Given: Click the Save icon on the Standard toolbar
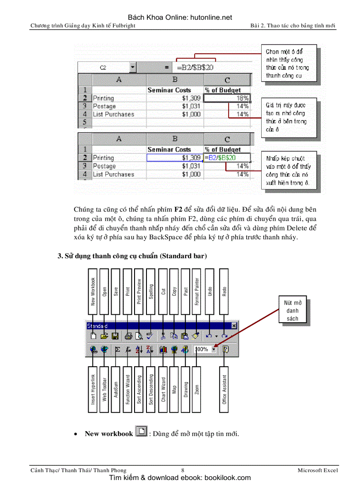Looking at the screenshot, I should coord(115,336).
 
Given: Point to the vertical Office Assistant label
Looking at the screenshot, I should coord(225,390).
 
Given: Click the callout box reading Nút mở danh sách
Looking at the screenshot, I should coord(292,311).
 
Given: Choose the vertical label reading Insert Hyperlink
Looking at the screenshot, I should coord(93,390).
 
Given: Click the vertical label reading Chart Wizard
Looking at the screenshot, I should coord(163,390).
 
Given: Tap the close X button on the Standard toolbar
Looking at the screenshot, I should coord(234,326).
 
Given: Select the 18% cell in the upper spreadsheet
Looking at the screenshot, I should coord(227,98).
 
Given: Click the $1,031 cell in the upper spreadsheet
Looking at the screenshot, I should coord(175,106).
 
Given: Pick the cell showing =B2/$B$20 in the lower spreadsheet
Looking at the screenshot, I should coord(226,158).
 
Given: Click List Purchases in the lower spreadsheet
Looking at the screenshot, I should coord(113,174).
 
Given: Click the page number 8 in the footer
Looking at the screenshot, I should coord(183,470).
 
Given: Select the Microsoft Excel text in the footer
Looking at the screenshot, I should coord(318,470).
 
